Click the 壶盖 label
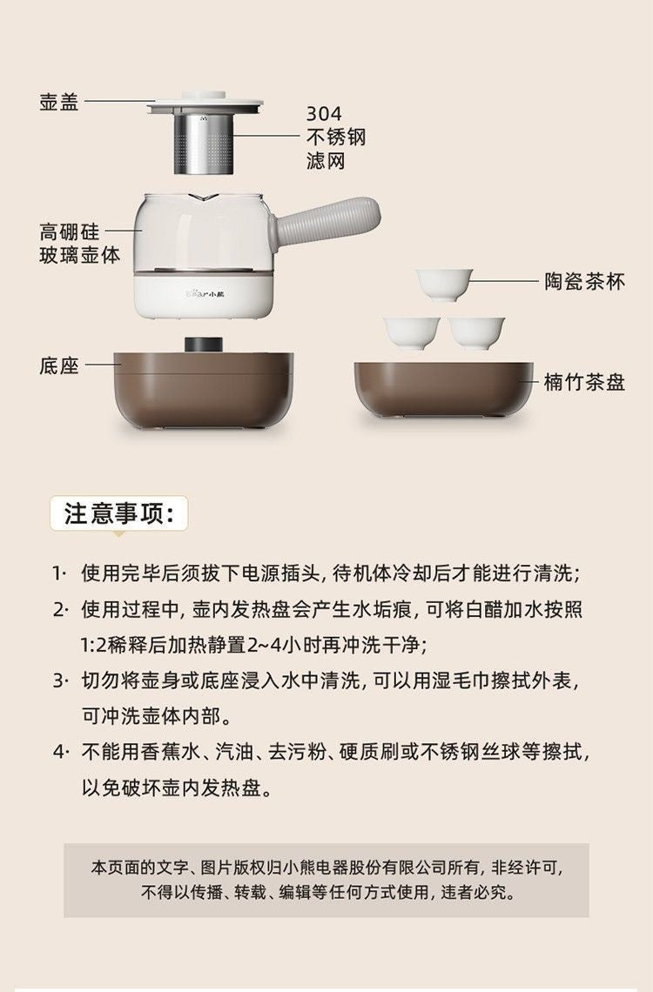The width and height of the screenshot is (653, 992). point(59,101)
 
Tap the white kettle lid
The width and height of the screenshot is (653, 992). point(205,104)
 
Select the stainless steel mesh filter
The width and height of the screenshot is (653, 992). point(205,144)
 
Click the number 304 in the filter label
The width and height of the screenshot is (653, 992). point(324,114)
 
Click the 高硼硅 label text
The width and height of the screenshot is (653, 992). point(70,231)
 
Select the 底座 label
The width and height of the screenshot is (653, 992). point(59,365)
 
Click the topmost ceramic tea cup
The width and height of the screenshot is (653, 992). point(444,285)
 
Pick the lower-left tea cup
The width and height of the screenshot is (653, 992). point(412,332)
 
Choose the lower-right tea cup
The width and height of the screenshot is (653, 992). point(476,332)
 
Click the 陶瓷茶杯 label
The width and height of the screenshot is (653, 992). point(585,282)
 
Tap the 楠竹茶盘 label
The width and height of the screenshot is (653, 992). point(585,382)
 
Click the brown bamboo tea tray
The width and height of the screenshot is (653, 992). point(444,391)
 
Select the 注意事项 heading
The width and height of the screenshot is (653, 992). point(119,513)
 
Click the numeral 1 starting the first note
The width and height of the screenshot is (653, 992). point(57,573)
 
